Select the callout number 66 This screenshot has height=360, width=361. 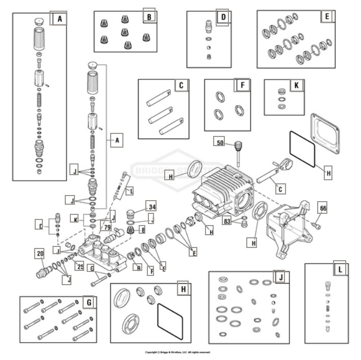322,208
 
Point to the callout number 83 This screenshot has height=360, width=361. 228,220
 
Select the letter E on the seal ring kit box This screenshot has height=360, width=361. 327,17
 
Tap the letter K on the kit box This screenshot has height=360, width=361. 296,86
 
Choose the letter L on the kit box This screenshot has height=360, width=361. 340,269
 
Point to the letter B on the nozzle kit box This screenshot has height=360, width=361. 149,16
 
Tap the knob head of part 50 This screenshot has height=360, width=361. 237,146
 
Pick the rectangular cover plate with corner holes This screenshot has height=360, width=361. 325,132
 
